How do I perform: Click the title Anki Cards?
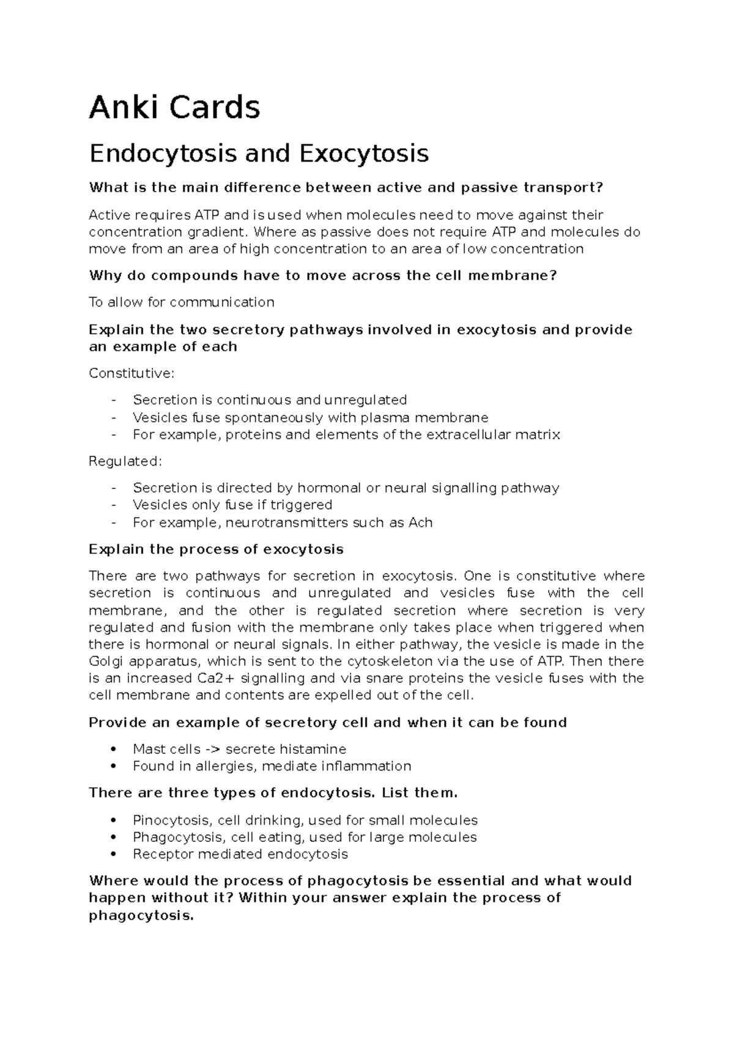174,108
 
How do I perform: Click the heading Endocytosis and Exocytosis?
259,154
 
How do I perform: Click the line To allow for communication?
182,302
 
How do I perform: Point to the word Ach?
420,523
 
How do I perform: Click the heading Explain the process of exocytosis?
216,549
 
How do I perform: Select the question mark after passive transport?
599,188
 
